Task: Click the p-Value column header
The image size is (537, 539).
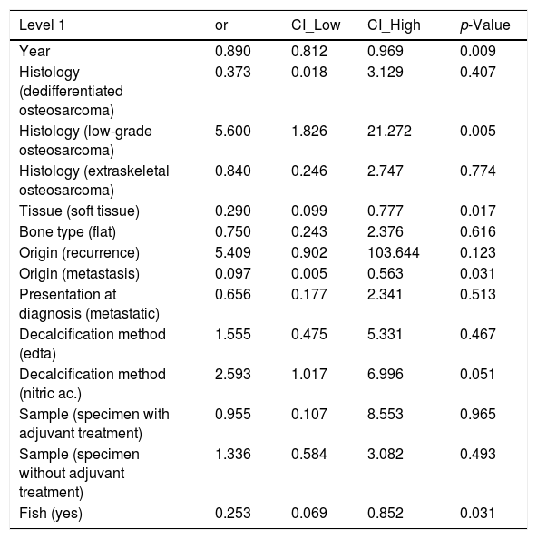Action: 484,25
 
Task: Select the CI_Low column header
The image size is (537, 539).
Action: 316,25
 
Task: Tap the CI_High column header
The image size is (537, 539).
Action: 394,25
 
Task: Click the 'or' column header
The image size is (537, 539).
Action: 221,25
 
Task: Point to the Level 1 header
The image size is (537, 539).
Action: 42,25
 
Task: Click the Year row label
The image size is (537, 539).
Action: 34,51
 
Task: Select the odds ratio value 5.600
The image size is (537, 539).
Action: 232,131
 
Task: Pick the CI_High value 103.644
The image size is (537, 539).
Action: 394,252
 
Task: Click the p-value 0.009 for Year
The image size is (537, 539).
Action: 477,51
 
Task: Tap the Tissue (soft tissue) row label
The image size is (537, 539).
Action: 79,211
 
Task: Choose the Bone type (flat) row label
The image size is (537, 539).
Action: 67,232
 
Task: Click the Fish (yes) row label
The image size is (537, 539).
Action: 51,514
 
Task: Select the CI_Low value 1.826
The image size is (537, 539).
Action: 309,131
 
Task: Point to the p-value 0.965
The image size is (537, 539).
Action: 477,414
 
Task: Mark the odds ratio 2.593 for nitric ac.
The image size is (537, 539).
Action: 232,375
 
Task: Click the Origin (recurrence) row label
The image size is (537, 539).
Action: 79,253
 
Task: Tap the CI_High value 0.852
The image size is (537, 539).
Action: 386,514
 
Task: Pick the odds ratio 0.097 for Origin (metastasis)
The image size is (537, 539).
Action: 232,274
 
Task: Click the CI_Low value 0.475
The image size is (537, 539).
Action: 309,335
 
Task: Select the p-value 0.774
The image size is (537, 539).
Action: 477,171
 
